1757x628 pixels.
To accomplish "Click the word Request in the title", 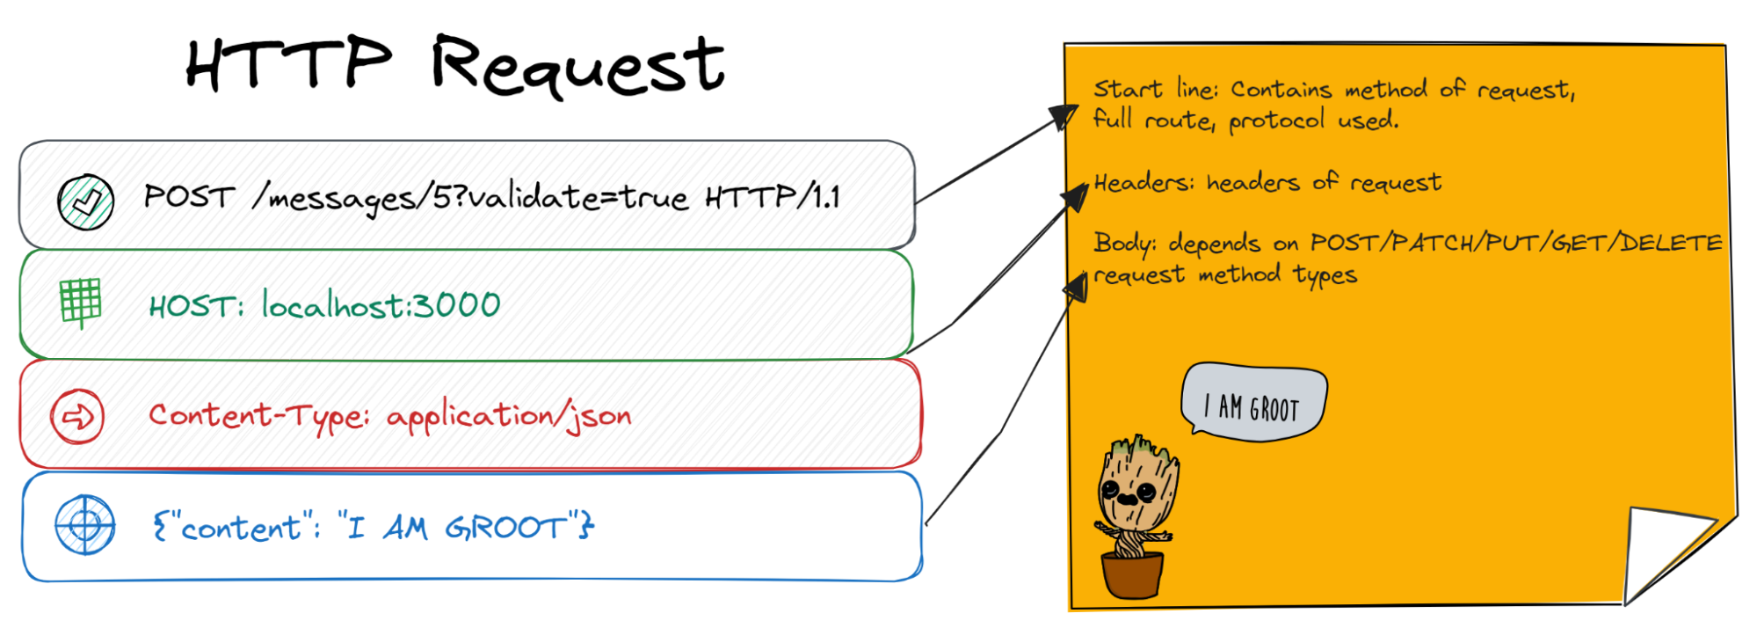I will click(577, 65).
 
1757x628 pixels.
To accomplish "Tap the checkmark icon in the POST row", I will click(85, 201).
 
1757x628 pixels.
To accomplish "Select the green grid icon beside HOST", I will click(81, 303).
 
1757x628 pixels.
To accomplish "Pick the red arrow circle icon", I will click(77, 416).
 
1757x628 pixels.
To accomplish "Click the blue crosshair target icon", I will click(84, 525).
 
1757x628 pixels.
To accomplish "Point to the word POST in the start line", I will click(189, 196).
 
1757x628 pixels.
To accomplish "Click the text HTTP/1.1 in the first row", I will click(773, 197).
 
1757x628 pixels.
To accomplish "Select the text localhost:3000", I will click(381, 305).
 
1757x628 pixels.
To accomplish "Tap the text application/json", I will click(509, 416).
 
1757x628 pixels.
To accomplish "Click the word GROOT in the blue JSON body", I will click(506, 527).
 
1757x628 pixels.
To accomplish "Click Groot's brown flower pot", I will click(1132, 574).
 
